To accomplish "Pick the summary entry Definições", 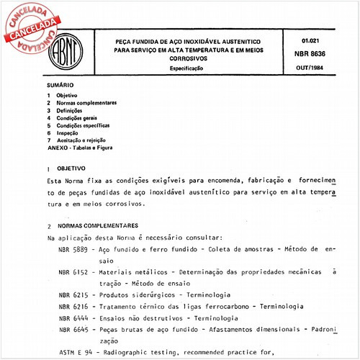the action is coord(75,110).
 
